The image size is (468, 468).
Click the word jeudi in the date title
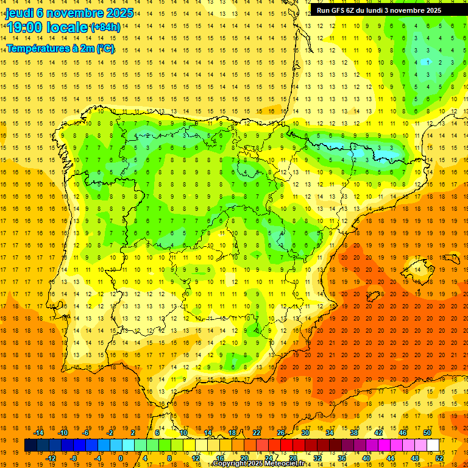pos(21,13)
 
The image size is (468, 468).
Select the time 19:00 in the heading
pos(25,27)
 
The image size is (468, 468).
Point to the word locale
pos(66,27)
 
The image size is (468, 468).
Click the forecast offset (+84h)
pos(105,27)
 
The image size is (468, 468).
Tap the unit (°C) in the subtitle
pos(105,48)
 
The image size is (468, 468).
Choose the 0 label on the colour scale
pos(121,458)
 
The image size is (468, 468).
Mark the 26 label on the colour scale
pos(281,433)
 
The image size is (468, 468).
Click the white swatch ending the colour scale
pos(433,445)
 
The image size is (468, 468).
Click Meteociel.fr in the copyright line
pos(282,464)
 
